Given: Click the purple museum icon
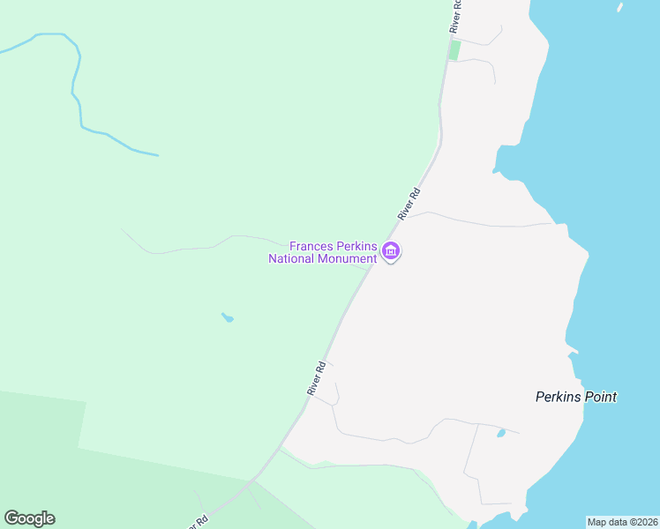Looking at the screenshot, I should (391, 252).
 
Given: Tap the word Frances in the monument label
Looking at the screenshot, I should (311, 246).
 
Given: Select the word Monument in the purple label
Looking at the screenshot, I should (349, 258).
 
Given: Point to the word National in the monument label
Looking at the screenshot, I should (293, 258).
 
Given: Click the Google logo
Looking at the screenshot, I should (29, 518).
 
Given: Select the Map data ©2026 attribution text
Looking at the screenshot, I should (622, 522).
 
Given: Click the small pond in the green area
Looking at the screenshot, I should (228, 317).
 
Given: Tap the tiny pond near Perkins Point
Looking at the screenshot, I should (501, 433).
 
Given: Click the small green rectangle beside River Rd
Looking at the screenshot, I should (454, 50).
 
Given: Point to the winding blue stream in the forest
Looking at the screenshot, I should (79, 97).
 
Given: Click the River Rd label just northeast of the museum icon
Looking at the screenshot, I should (409, 204).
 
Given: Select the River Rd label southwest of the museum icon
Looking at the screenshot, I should (317, 377).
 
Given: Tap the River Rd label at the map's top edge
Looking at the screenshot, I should (455, 16).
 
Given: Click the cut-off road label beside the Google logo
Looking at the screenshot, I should (198, 521).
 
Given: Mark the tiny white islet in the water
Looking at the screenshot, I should (620, 7).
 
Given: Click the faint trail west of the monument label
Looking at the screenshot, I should (194, 247).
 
